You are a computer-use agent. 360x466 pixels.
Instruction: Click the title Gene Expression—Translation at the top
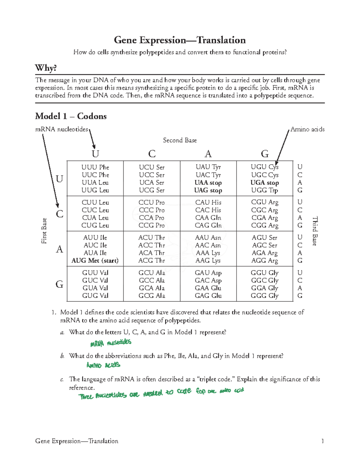pos(180,40)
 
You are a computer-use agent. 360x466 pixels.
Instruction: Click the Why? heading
pos(46,68)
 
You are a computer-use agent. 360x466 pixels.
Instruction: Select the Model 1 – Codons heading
pos(71,116)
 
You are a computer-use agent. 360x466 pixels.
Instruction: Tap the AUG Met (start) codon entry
pos(95,260)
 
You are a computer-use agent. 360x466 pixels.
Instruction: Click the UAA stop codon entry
pos(208,183)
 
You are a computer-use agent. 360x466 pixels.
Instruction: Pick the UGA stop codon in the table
pos(265,183)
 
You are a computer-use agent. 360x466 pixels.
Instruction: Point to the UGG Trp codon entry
pos(265,190)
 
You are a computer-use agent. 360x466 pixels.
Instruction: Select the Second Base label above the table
pos(180,140)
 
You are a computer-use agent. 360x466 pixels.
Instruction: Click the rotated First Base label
pos(44,231)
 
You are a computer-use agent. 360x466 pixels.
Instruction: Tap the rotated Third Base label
pos(315,231)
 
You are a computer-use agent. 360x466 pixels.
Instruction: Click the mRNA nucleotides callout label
pos(61,129)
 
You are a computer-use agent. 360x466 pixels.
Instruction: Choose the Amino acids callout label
pos(307,129)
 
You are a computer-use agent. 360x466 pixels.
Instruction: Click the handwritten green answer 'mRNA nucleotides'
pos(111,343)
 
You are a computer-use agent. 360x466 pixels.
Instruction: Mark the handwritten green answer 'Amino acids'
pos(103,365)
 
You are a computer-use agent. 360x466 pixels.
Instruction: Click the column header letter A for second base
pos(208,154)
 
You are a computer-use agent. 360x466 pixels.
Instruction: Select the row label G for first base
pos(59,284)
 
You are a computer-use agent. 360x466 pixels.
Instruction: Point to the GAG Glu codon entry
pos(208,296)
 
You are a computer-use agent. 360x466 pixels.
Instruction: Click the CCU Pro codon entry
pos(151,203)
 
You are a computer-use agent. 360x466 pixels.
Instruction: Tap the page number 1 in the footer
pos(322,441)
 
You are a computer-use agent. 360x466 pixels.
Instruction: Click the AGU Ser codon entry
pos(265,238)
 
